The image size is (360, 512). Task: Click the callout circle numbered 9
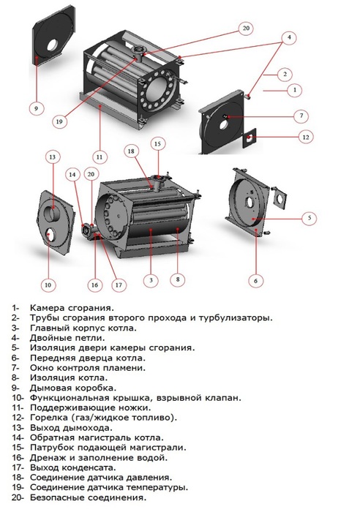34,108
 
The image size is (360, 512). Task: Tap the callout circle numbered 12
306,137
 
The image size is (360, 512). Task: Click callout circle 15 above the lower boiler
156,144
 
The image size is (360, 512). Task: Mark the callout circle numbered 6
255,279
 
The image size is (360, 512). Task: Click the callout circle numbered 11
100,156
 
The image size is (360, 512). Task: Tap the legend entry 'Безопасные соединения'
89,497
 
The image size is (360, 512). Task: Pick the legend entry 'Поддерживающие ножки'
91,407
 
